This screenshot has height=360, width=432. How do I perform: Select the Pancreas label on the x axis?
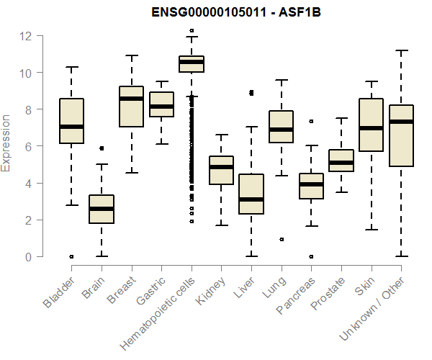coord(295,295)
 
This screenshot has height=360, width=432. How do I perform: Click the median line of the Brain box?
coord(102,209)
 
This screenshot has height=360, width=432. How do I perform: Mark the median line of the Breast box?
coord(131,99)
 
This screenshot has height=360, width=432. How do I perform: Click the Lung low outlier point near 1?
coord(281,239)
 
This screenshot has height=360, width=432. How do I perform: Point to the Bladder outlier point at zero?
coord(71,256)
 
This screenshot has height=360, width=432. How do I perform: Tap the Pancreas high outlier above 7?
coord(310,122)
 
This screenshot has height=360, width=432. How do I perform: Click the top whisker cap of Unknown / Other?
coord(400,50)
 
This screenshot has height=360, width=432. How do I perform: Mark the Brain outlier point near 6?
coord(102,148)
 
